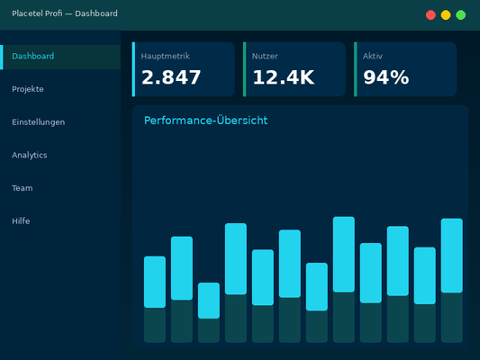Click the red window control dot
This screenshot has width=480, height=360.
(x=430, y=14)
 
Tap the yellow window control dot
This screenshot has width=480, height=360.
(x=446, y=14)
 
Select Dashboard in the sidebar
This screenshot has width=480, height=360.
(x=33, y=57)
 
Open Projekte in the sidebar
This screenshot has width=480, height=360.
(x=28, y=89)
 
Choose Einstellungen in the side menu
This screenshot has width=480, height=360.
(x=39, y=122)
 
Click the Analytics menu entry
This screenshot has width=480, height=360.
(x=30, y=155)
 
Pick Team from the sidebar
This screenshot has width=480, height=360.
(x=23, y=188)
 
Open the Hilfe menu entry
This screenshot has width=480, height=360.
(x=22, y=220)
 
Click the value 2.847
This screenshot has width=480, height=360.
(x=171, y=77)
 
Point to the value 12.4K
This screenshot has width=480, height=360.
(x=283, y=77)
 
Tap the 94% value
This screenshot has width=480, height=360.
(x=385, y=77)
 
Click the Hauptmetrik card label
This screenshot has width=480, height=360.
(x=166, y=56)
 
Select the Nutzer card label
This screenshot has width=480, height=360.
(x=265, y=56)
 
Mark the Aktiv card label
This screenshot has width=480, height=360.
(x=373, y=56)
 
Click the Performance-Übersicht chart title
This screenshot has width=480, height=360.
(x=205, y=121)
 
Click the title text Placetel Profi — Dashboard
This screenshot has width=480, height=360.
(x=65, y=13)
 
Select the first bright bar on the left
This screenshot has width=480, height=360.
(x=155, y=282)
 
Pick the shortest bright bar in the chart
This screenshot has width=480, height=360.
(x=209, y=301)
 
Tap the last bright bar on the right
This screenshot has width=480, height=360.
(x=452, y=256)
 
